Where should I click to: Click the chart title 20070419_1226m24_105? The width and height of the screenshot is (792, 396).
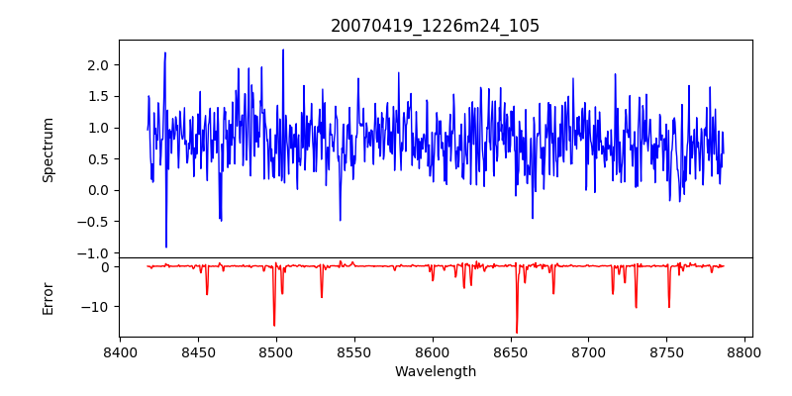(x=435, y=26)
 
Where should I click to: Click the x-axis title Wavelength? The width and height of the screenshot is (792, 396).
(x=435, y=372)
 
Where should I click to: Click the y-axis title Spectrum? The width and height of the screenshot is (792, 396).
(x=48, y=149)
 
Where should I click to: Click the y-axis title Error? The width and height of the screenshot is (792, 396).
(x=48, y=297)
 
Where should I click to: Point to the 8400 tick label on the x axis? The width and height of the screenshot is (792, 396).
(x=120, y=352)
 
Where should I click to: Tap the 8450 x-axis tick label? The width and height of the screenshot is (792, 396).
(x=198, y=352)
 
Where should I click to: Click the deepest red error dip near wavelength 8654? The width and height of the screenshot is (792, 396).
(x=517, y=333)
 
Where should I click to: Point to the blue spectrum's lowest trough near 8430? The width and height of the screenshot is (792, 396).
(x=166, y=247)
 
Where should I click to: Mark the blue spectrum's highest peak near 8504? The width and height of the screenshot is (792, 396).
(x=283, y=49)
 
